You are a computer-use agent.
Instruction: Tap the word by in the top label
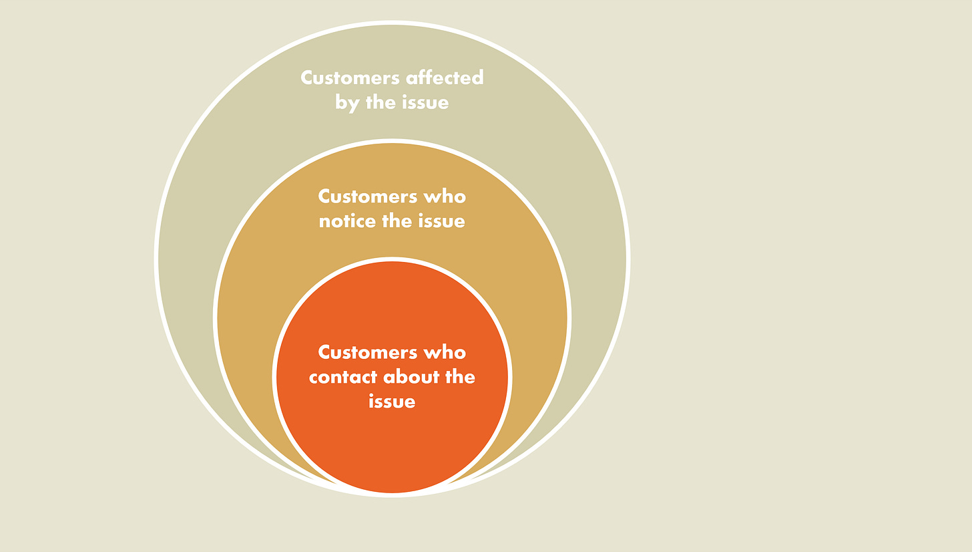(347, 103)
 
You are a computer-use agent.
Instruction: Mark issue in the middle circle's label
(441, 221)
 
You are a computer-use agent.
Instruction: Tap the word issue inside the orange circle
(392, 402)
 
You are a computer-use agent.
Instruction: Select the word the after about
(461, 377)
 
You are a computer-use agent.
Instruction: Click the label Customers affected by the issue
(392, 90)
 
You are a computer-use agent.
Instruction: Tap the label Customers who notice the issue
(392, 209)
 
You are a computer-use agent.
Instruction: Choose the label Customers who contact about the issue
(392, 377)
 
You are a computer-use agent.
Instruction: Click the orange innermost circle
(392, 448)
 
